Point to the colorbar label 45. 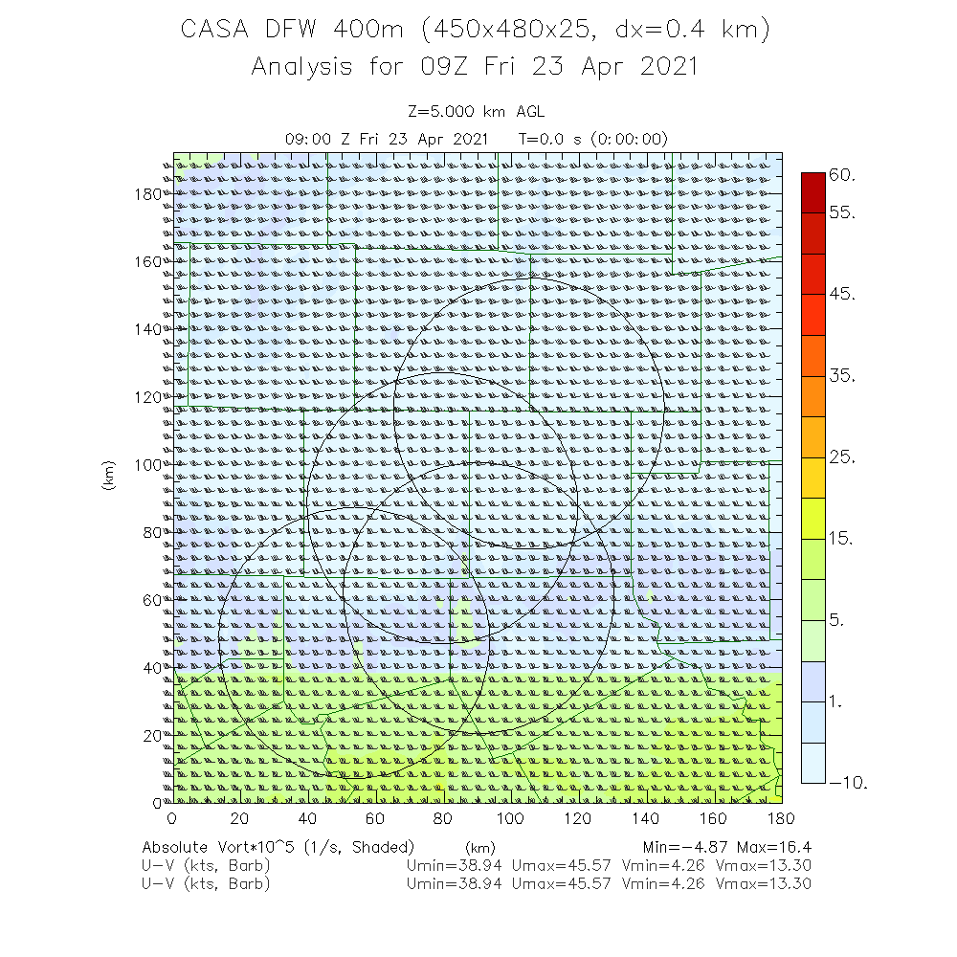pyautogui.click(x=843, y=294)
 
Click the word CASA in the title pyautogui.click(x=215, y=31)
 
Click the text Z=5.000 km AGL pyautogui.click(x=476, y=112)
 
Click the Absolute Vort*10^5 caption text pyautogui.click(x=278, y=848)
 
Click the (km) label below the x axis pyautogui.click(x=479, y=848)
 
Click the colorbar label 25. pyautogui.click(x=843, y=457)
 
